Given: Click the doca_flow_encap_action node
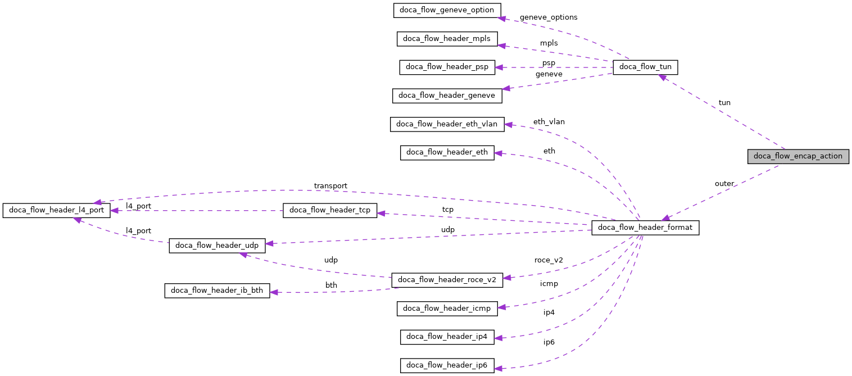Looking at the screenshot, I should point(797,156).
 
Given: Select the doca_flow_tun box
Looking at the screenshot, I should point(645,67).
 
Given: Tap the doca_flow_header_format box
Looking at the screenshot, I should point(645,228).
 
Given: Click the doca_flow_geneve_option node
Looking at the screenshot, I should point(447,10).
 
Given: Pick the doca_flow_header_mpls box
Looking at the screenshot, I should point(447,39).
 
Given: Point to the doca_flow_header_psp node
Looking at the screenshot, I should point(447,67).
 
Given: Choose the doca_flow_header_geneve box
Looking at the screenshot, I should point(447,96).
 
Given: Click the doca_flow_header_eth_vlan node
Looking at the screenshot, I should point(447,124).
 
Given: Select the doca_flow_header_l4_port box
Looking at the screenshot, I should point(56,211).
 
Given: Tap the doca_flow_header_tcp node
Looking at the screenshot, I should point(330,211).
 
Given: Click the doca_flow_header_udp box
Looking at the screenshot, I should point(216,246).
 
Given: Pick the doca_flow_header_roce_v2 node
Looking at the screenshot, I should point(447,279).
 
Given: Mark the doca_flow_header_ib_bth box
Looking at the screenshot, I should point(217,291).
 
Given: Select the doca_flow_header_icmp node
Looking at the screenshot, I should point(447,308).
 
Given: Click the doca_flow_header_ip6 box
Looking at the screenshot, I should point(447,365).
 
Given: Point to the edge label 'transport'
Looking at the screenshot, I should point(330,186).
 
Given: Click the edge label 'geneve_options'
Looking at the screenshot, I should point(548,17).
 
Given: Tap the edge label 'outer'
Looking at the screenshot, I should point(724,184).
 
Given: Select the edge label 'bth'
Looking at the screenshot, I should point(331,286).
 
